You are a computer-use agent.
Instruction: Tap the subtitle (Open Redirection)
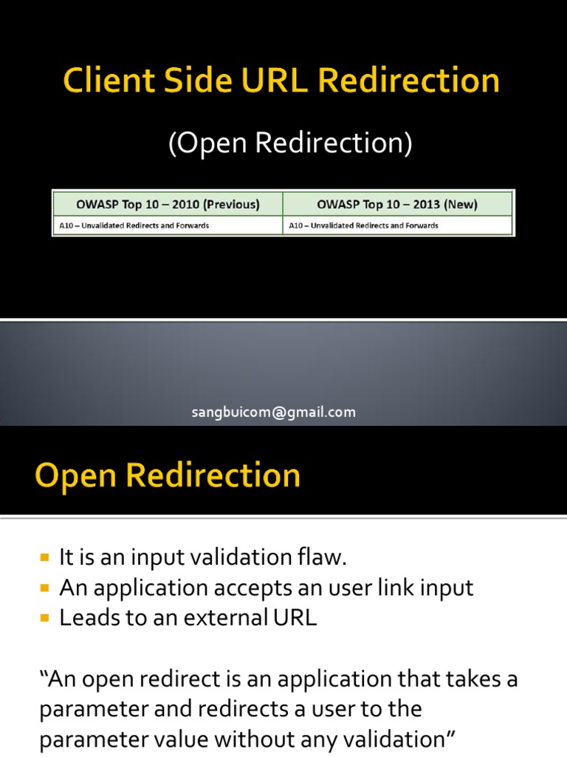[290, 143]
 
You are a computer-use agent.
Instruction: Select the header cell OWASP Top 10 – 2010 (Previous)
[168, 204]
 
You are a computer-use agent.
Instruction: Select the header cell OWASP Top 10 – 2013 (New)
[397, 204]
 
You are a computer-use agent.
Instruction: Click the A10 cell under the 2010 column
[133, 225]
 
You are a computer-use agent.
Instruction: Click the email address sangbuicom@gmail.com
[274, 413]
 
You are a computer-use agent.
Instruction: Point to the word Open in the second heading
[75, 475]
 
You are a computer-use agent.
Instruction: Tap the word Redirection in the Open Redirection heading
[213, 475]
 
